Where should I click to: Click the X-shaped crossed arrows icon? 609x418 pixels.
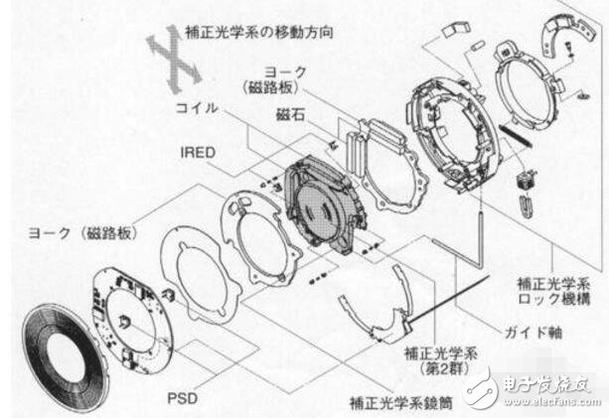pos(172,54)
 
